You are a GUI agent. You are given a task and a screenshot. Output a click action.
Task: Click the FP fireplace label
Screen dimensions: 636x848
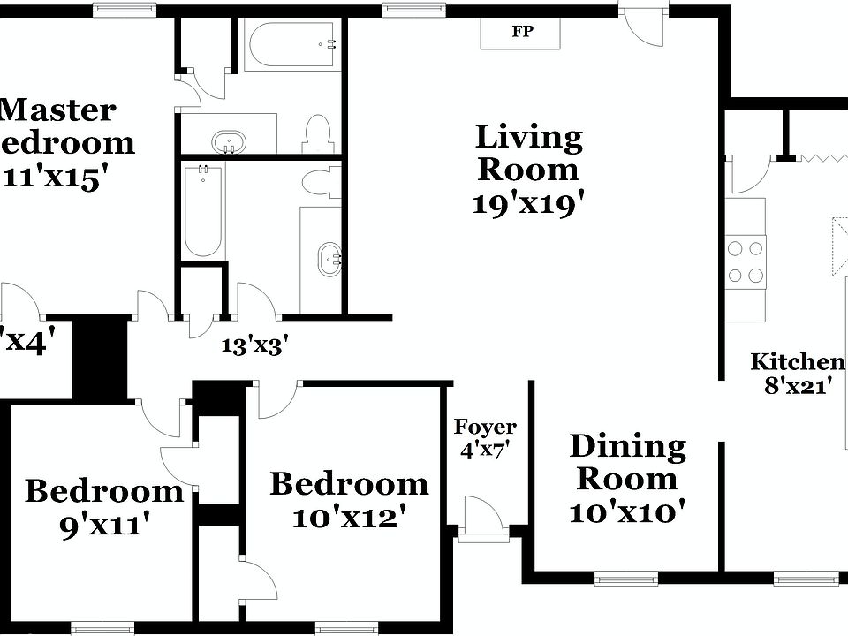point(521,33)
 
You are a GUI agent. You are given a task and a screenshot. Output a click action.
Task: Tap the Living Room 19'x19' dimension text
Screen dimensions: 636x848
point(528,204)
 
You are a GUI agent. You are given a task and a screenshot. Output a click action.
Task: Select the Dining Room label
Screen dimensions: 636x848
point(627,462)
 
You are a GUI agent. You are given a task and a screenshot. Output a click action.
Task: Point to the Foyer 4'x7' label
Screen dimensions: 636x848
point(485,438)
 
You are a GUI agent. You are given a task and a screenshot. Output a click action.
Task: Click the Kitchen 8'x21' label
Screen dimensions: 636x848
point(798,373)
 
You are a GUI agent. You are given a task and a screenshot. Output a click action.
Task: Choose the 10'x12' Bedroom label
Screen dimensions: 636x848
point(349,500)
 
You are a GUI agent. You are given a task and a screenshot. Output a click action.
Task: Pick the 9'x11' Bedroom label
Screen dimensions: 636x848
point(103,506)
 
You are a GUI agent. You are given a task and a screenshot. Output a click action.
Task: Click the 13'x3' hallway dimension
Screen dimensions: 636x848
point(255,345)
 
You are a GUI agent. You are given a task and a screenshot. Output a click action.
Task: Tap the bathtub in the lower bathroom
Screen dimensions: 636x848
point(202,210)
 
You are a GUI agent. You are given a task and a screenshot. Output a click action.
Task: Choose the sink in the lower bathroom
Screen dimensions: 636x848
point(330,258)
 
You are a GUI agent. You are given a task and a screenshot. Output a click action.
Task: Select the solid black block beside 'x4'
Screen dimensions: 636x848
point(99,359)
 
